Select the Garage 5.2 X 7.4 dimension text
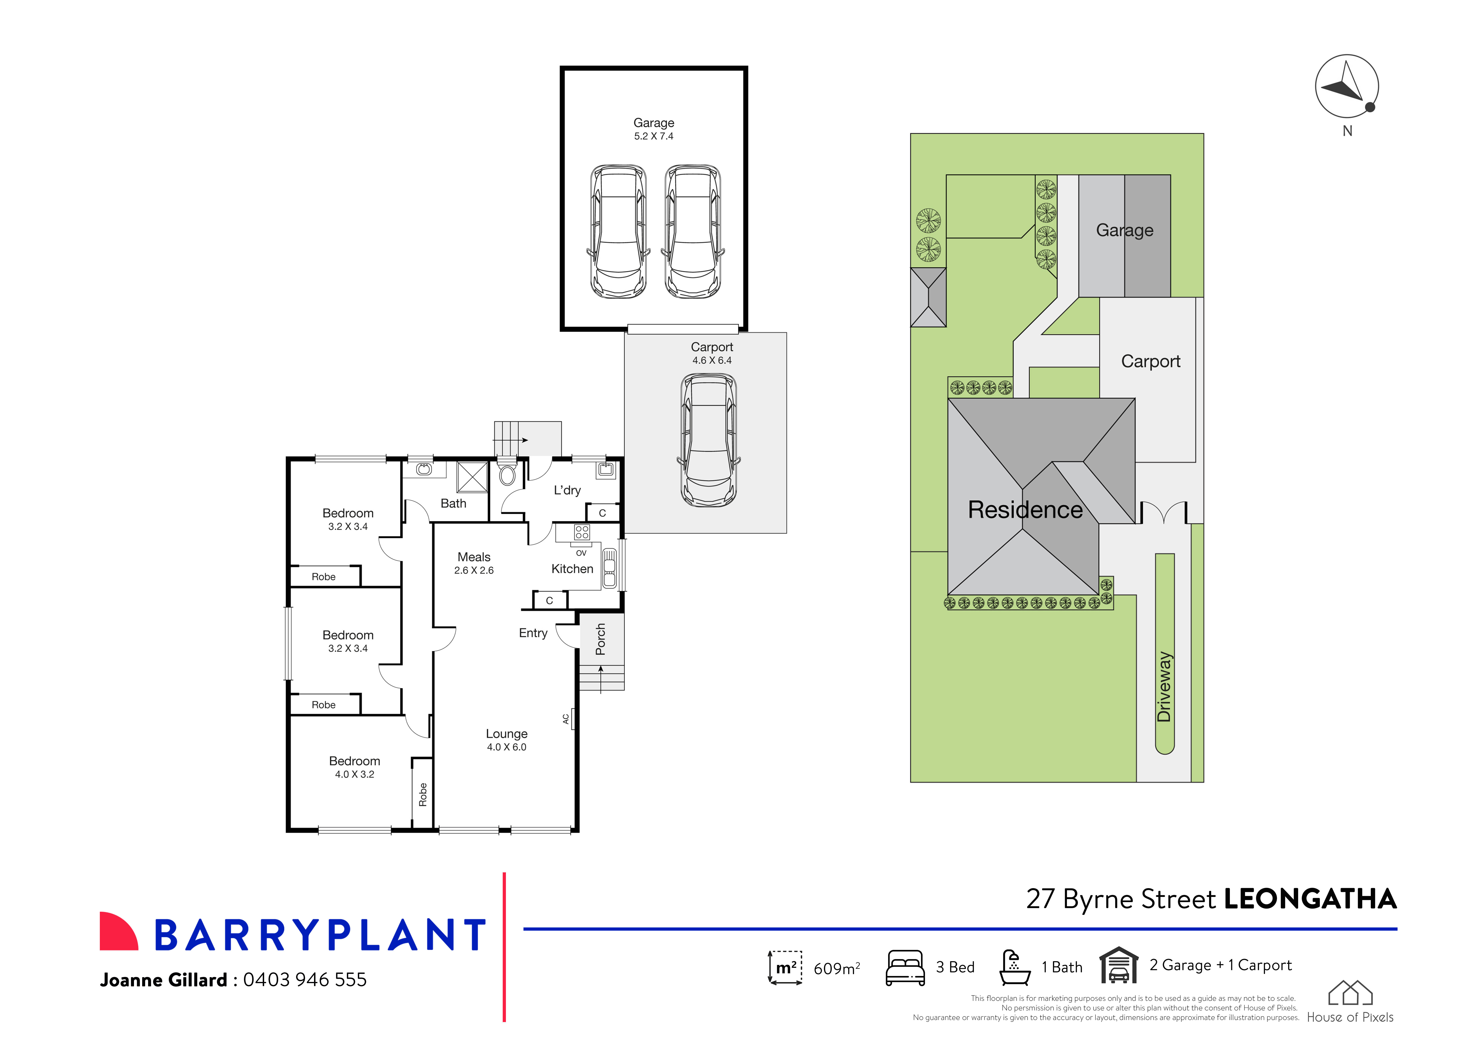[x=653, y=136]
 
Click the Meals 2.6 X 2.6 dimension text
[x=474, y=570]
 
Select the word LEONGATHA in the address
[x=1310, y=899]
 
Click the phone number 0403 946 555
[x=305, y=980]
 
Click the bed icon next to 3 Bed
[x=905, y=967]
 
